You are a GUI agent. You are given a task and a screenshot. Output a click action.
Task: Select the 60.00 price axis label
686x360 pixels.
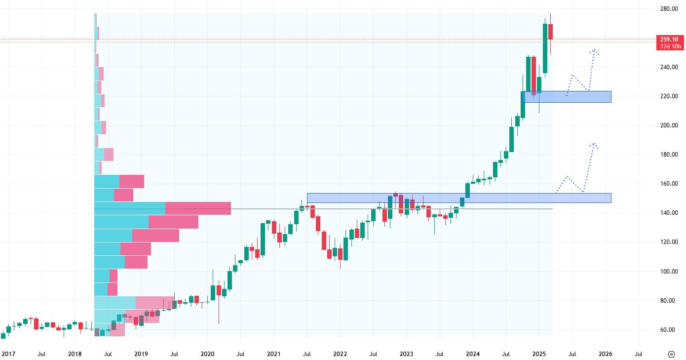[x=669, y=330]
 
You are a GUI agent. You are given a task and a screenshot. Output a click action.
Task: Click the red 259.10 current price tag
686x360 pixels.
[x=670, y=39]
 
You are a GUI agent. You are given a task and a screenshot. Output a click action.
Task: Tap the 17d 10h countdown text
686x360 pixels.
[x=670, y=46]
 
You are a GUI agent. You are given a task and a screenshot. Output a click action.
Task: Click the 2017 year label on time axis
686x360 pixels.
[x=8, y=354]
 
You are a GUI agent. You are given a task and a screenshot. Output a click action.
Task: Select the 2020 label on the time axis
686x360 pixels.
[x=207, y=354]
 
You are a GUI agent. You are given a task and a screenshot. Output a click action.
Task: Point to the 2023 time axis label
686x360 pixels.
[x=406, y=354]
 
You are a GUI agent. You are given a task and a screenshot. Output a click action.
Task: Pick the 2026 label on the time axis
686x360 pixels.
[x=605, y=354]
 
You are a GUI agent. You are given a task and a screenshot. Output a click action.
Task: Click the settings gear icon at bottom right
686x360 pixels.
[x=671, y=354]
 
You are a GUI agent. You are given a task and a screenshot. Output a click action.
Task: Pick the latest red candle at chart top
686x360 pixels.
[x=550, y=32]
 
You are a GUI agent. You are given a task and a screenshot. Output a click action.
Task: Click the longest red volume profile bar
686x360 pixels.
[x=198, y=208]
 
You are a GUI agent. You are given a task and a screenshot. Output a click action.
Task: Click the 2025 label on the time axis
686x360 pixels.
[x=539, y=354]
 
